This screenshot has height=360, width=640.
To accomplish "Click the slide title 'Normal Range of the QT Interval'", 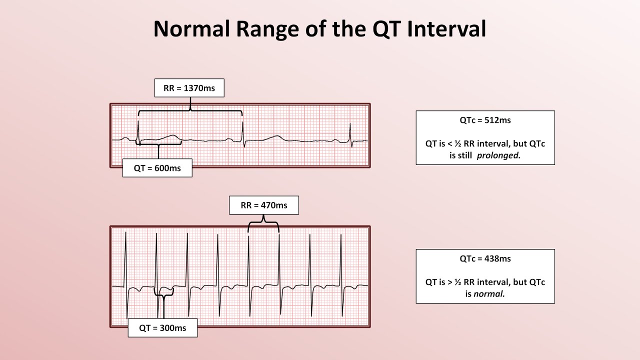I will (x=319, y=29).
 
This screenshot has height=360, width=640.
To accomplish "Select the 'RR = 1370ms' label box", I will (x=189, y=88).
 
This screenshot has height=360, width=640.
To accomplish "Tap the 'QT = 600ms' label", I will (x=157, y=168).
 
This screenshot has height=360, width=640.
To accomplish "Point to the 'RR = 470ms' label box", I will (x=264, y=205).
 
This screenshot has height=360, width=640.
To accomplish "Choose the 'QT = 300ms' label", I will (x=162, y=328).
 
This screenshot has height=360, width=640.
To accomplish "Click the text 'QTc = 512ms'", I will (x=485, y=120).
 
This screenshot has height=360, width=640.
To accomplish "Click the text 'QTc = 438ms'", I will (x=485, y=258).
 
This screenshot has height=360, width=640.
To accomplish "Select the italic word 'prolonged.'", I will (x=498, y=155).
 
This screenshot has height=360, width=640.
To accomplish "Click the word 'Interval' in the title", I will (x=446, y=29).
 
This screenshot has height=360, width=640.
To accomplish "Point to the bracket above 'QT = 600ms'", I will (x=158, y=144).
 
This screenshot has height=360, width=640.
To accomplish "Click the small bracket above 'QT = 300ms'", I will (x=163, y=294).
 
